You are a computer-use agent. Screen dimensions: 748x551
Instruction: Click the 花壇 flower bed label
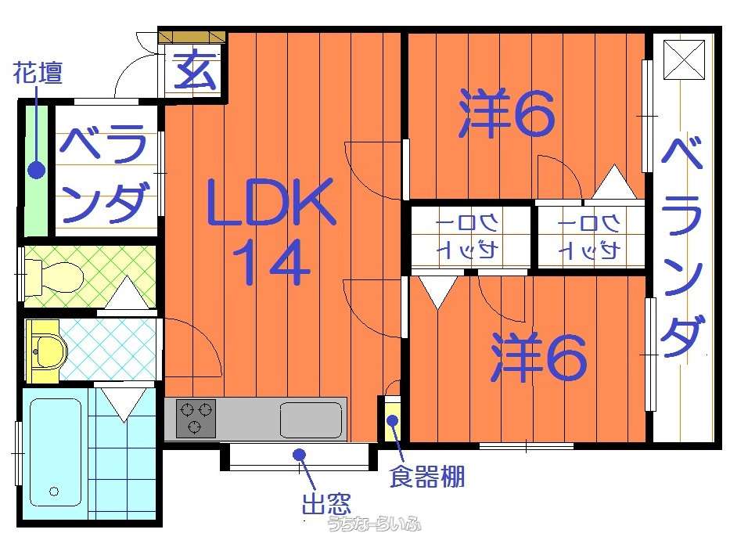(38, 73)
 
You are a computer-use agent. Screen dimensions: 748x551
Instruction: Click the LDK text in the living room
(272, 202)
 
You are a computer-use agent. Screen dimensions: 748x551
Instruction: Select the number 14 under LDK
(272, 262)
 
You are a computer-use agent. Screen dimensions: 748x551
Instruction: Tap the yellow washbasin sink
(46, 351)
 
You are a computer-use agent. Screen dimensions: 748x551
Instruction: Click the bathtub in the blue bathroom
(55, 452)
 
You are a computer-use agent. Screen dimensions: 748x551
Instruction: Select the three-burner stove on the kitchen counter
(196, 418)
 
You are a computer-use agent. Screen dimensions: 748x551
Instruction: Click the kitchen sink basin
(311, 420)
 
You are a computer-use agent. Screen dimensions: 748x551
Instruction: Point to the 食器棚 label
(427, 477)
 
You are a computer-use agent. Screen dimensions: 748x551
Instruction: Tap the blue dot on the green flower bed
(36, 170)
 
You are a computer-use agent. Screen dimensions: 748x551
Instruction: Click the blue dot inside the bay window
(299, 454)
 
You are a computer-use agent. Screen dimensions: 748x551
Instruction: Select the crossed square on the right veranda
(684, 59)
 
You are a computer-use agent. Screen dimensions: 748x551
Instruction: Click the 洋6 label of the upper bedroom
(506, 113)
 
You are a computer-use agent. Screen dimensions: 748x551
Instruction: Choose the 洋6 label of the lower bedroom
(538, 357)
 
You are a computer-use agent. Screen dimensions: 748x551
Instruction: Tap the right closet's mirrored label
(590, 236)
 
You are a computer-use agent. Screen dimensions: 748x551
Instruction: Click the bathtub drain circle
(54, 491)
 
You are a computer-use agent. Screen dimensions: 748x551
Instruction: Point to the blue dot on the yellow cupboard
(393, 421)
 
